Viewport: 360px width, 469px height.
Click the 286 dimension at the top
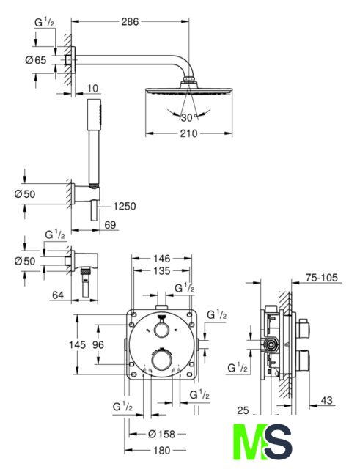130,21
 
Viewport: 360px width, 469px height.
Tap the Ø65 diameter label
36,60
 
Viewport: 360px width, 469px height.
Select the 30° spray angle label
188,117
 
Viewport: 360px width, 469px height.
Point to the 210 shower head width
188,133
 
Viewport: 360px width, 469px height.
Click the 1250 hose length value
125,206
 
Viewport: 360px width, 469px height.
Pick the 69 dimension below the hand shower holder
110,225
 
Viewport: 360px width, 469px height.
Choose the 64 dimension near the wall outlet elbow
58,295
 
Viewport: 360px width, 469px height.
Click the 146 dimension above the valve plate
161,259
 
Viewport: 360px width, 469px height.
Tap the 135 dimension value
161,270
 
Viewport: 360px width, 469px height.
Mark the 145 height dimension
77,344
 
